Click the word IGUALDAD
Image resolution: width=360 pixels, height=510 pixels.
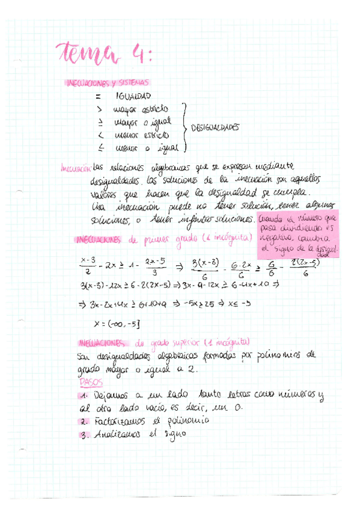pos(132,96)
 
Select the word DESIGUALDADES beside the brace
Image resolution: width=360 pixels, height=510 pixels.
pos(215,127)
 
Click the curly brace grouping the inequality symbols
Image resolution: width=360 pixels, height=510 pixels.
pos(184,127)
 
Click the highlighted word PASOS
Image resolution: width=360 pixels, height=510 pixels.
pos(91,381)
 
